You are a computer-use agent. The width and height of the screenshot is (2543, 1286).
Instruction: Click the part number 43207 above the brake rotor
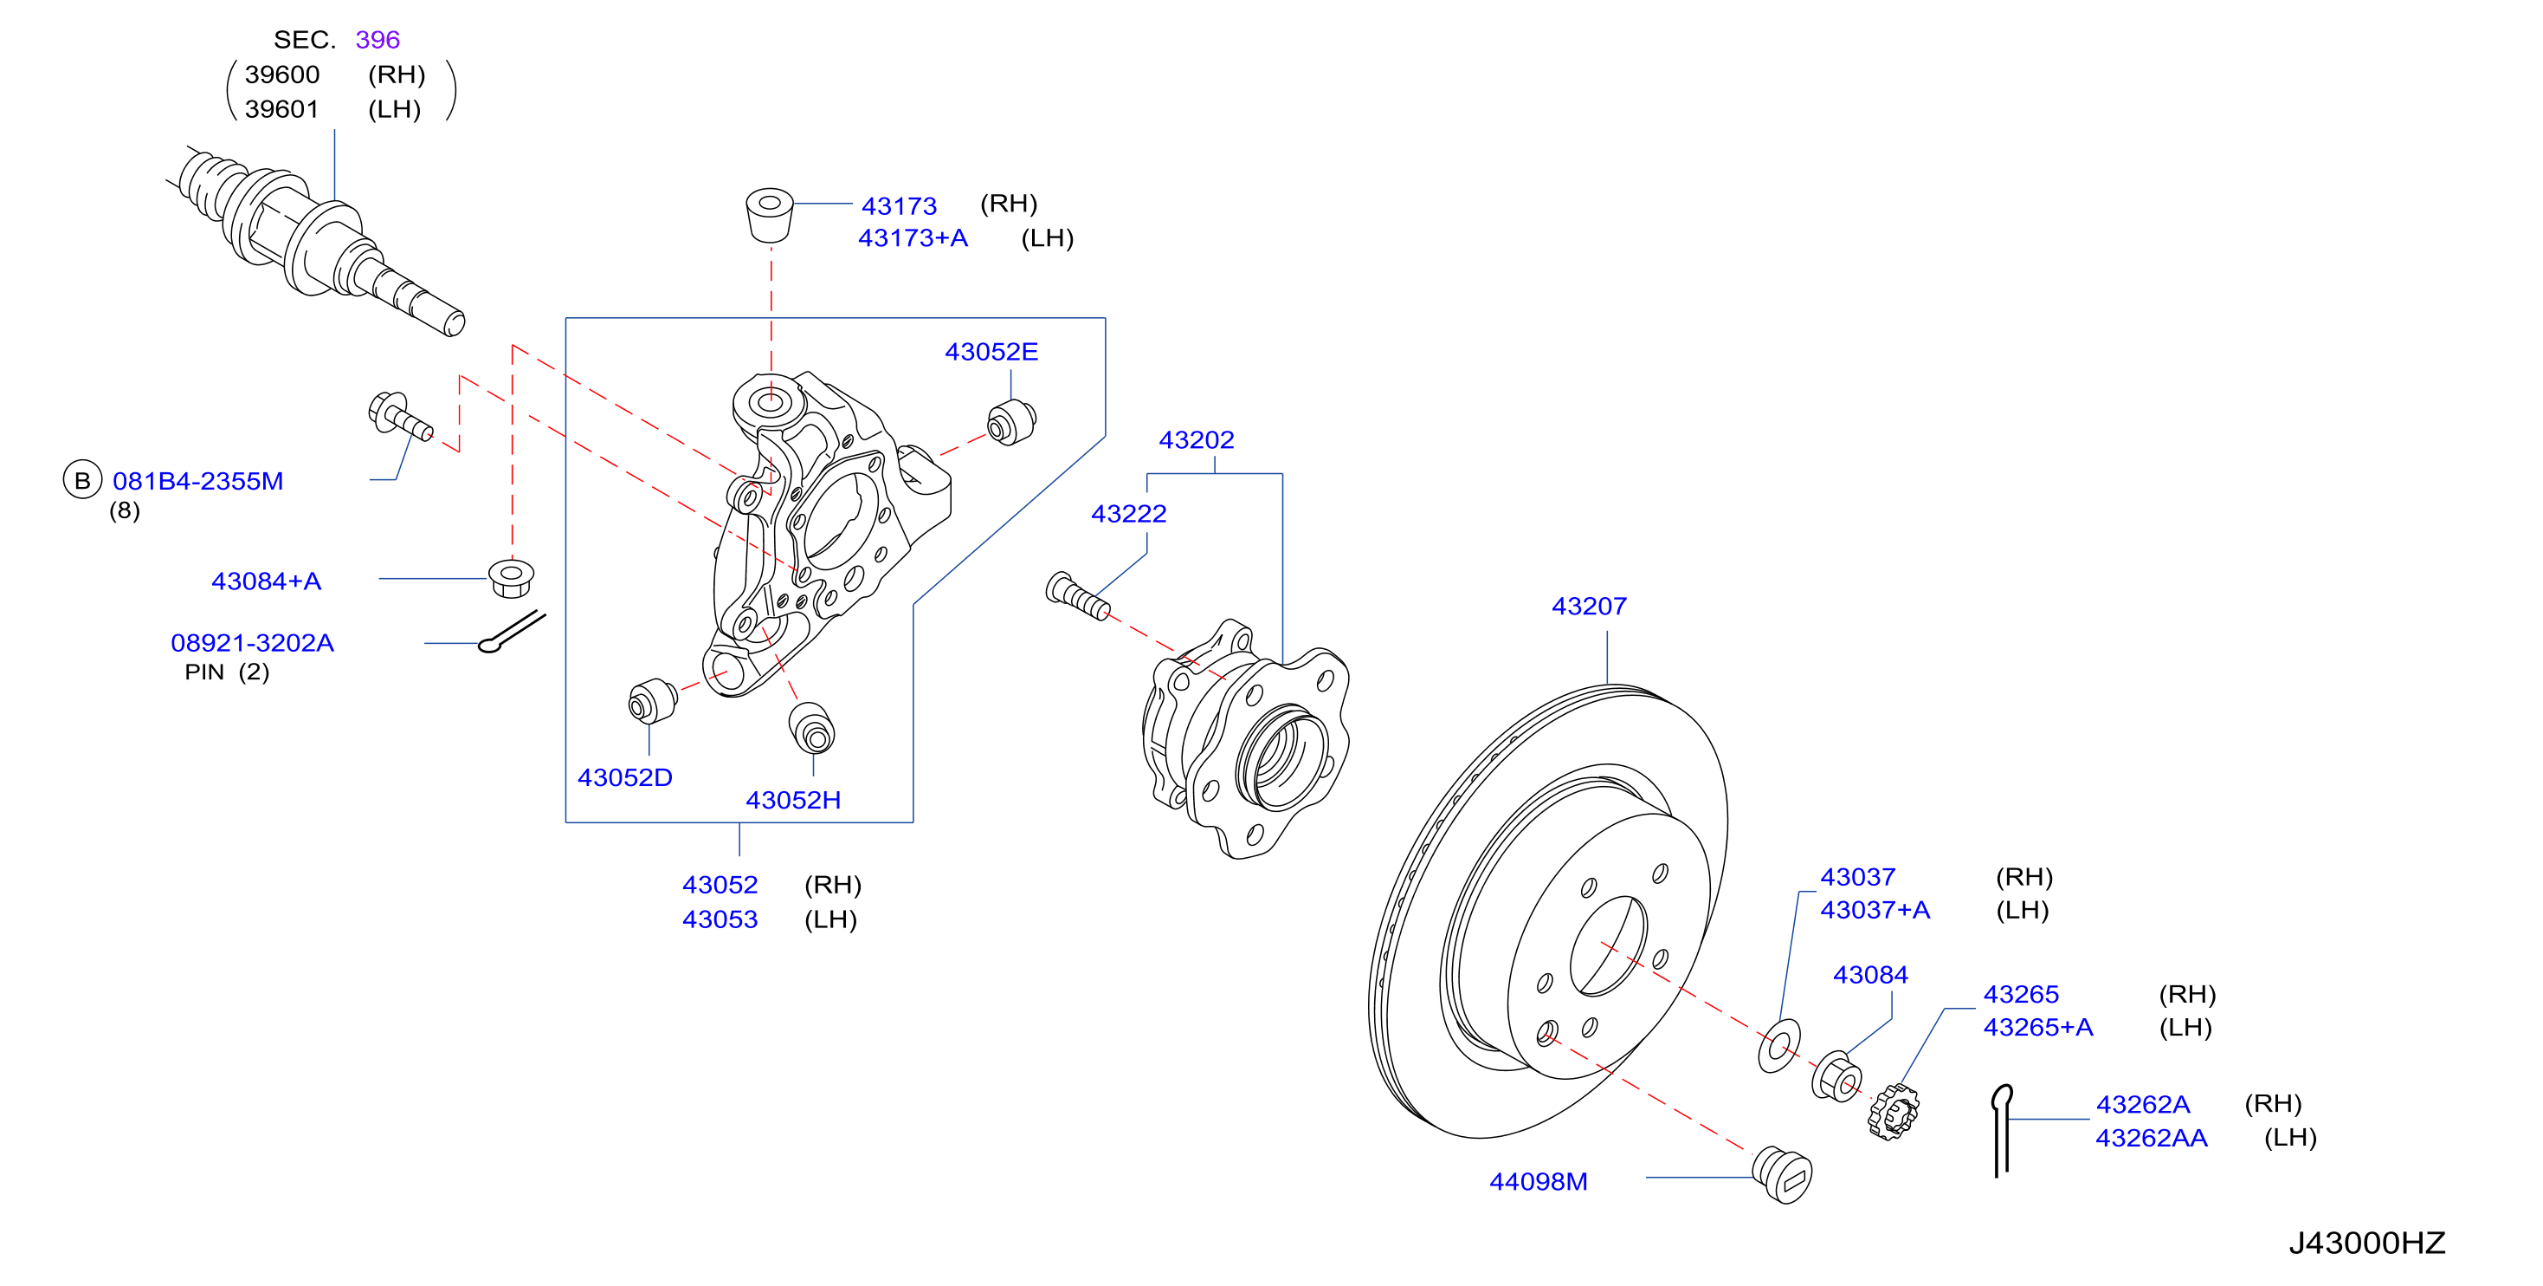1588,606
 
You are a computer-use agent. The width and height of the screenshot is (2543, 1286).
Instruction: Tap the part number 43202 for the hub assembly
1196,439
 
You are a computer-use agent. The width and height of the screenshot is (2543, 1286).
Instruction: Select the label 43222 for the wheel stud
1128,514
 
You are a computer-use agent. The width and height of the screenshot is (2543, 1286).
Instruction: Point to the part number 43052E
991,352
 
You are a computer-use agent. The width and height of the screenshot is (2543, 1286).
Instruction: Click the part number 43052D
625,777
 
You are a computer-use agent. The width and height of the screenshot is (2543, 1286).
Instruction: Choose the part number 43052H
793,800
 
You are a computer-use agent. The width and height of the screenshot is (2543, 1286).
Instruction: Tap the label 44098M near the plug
1538,1181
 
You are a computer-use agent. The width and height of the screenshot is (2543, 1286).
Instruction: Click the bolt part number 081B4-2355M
197,481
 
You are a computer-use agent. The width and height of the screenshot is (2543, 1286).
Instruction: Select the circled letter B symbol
82,480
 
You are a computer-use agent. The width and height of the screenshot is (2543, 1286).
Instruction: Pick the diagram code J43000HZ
2366,1243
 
